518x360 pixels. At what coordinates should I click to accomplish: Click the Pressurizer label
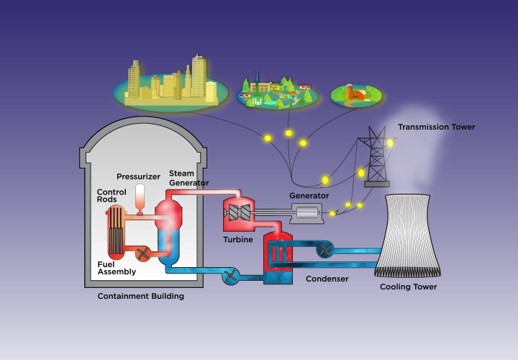tap(138, 176)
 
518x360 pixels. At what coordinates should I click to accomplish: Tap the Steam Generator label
tap(188, 178)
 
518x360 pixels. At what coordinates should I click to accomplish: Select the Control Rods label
tap(112, 197)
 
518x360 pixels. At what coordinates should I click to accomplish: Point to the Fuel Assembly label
tap(117, 269)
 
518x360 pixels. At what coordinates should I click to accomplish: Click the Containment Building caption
tap(141, 296)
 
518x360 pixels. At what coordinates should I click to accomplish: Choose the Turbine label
tap(237, 239)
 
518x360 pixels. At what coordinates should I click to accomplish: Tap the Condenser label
tap(327, 279)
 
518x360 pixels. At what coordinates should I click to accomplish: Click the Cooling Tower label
tap(408, 287)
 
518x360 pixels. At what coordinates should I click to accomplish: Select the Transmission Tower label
tap(436, 127)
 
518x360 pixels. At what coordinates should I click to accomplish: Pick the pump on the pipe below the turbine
tap(231, 275)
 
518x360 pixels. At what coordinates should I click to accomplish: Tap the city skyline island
tap(171, 85)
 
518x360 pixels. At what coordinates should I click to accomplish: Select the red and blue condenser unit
tap(278, 257)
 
